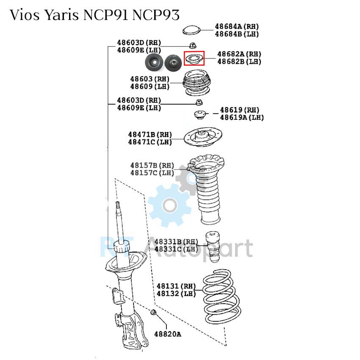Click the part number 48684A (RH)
pos(237,26)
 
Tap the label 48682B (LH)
pos(239,61)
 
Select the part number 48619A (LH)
pos(242,117)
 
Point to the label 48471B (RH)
pos(150,135)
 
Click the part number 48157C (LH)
pos(152,173)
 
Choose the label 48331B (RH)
pos(176,241)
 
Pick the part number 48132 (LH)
pos(176,294)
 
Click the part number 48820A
pos(168,334)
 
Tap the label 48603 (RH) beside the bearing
pos(150,79)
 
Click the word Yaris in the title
pos(61,15)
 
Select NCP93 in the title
pos(156,15)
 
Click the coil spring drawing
pos(222,296)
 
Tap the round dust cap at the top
pos(191,30)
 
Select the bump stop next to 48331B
pos(213,247)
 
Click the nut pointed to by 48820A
pos(153,312)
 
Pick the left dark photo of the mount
pos(154,62)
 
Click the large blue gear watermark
pos(169,205)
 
